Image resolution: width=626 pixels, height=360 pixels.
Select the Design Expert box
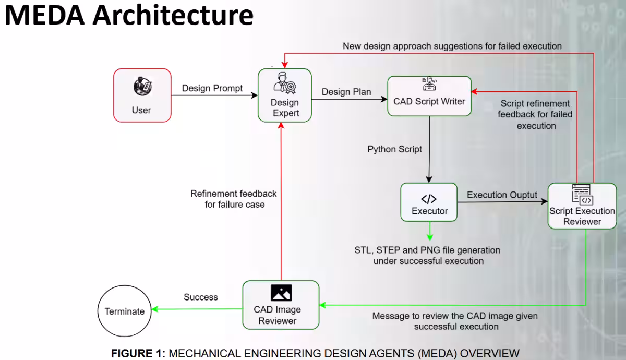(x=285, y=95)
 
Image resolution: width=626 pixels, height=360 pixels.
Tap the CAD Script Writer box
(x=429, y=96)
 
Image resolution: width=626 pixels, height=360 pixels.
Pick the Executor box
(x=429, y=201)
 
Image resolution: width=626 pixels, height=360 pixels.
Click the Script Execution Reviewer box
(x=582, y=206)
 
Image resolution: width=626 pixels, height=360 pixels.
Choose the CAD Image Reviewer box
(x=281, y=305)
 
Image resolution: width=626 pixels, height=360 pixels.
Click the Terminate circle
(x=125, y=311)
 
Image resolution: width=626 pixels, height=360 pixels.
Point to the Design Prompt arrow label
(x=212, y=88)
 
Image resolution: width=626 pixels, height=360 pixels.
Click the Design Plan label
(x=346, y=92)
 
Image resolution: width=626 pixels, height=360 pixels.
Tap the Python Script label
(x=394, y=149)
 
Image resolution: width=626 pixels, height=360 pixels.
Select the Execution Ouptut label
(x=502, y=195)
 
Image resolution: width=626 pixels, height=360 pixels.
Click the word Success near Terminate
(x=201, y=297)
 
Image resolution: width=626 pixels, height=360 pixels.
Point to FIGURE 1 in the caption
(x=136, y=353)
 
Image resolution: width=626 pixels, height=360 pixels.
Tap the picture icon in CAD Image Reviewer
(x=281, y=293)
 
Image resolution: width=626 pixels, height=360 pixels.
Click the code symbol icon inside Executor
(x=429, y=198)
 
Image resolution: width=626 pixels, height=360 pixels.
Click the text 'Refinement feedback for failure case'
(x=234, y=199)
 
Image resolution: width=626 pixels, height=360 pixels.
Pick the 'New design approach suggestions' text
(x=452, y=46)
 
